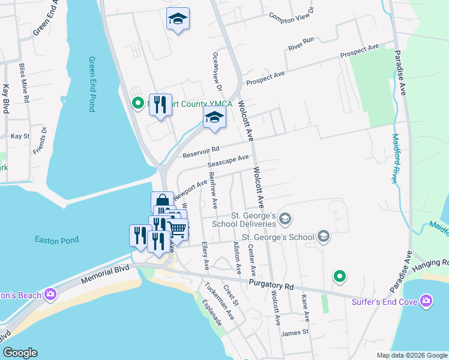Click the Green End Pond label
(x=92, y=85)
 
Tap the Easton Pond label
(x=56, y=240)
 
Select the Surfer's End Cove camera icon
(x=426, y=300)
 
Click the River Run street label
(x=301, y=43)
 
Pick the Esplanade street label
(x=211, y=313)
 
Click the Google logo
(x=20, y=353)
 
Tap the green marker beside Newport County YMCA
(x=137, y=103)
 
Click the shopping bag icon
(x=162, y=200)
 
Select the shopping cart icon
(x=177, y=228)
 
